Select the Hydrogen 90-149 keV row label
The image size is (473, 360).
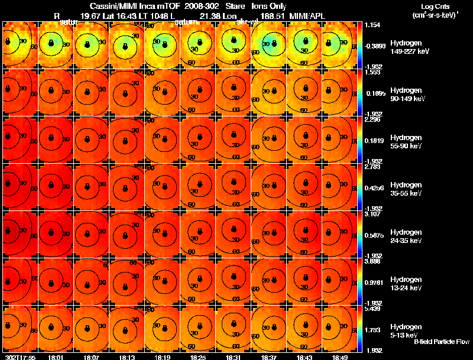point(405,95)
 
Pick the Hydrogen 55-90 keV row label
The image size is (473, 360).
point(405,142)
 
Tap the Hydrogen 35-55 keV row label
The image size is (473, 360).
point(405,189)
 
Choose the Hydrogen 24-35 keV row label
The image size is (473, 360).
point(405,236)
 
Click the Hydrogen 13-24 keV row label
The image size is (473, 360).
point(405,284)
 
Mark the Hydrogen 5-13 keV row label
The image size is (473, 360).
point(405,330)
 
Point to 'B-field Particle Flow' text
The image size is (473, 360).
point(442,342)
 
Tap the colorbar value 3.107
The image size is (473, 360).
point(374,214)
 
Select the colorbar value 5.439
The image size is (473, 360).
point(374,309)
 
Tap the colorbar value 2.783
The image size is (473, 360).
point(374,167)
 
